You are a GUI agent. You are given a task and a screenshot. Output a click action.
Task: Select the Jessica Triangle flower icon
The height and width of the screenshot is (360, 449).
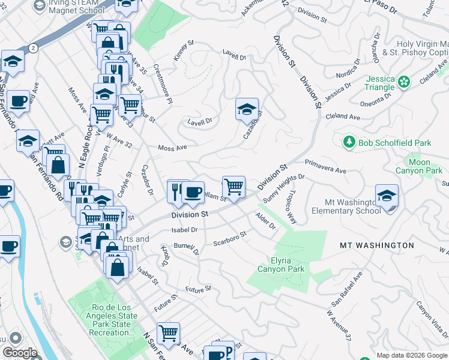pos(404,80)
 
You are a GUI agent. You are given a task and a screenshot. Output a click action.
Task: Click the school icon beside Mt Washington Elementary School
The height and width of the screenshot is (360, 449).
pos(387,196)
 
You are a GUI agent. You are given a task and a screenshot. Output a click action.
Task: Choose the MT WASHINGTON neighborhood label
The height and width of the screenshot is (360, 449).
pos(376,245)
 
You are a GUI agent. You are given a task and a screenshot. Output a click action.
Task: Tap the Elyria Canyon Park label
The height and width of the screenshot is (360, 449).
pos(281,265)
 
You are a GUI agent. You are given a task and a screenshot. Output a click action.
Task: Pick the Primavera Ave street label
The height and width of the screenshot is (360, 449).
pos(325,166)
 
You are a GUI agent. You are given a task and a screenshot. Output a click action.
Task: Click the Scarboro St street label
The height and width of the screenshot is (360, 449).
pos(230,239)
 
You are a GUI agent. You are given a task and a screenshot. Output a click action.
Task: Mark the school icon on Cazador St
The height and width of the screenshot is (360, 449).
pos(247,110)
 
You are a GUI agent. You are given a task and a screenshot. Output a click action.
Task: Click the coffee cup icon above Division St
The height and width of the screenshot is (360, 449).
pos(193,193)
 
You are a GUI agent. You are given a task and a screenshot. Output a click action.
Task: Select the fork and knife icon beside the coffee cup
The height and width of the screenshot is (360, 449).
pos(176,191)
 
